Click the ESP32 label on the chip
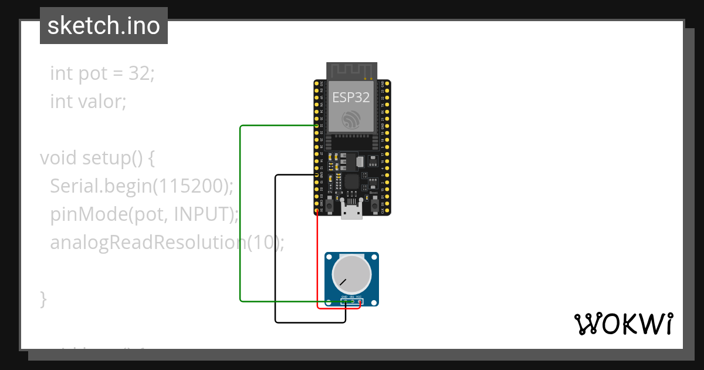[x=351, y=97]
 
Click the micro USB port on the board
[x=352, y=210]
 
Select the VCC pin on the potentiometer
[x=359, y=302]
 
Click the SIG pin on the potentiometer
[x=352, y=302]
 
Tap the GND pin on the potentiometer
[x=345, y=302]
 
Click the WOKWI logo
[x=623, y=324]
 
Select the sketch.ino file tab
[x=104, y=26]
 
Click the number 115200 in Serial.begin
[x=194, y=186]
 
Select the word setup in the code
[x=104, y=158]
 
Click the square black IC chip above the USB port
[x=352, y=181]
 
